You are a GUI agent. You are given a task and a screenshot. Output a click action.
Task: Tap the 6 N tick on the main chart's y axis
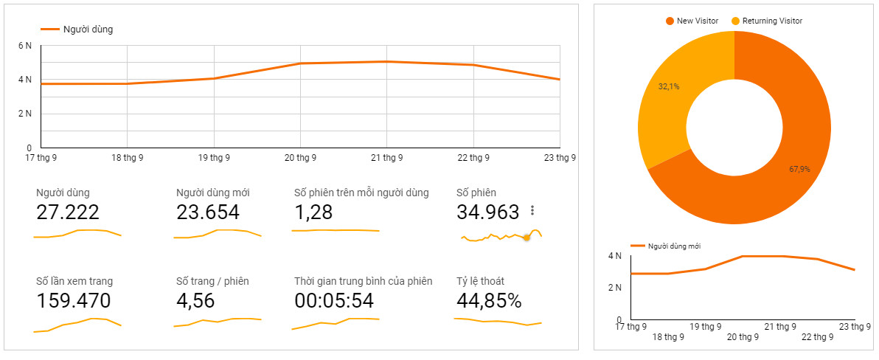pyautogui.click(x=25, y=46)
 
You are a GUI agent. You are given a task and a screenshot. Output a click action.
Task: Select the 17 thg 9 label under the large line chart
pyautogui.click(x=42, y=157)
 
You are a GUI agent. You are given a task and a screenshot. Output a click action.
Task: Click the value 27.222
pyautogui.click(x=68, y=212)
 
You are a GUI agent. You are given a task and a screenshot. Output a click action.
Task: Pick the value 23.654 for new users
pyautogui.click(x=208, y=212)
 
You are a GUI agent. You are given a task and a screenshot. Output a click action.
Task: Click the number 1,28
pyautogui.click(x=313, y=212)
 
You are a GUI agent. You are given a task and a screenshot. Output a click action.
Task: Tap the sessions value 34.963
pyautogui.click(x=488, y=212)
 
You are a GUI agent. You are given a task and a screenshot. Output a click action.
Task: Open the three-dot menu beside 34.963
pyautogui.click(x=532, y=211)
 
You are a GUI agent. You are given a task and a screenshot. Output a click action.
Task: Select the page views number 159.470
pyautogui.click(x=74, y=301)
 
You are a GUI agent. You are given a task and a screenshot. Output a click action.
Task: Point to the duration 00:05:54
pyautogui.click(x=334, y=301)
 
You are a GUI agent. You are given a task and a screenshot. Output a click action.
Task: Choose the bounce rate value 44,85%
pyautogui.click(x=489, y=301)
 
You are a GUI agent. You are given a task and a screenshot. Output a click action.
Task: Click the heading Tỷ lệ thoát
pyautogui.click(x=480, y=281)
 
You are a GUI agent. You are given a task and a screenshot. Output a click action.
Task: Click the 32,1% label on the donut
pyautogui.click(x=669, y=86)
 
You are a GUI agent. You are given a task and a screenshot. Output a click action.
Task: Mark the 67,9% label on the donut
pyautogui.click(x=799, y=169)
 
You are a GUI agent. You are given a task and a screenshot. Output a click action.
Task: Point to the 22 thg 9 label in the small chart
pyautogui.click(x=817, y=337)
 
